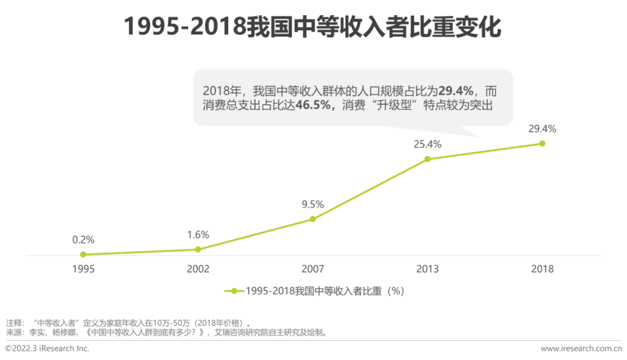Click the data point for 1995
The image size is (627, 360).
tap(83, 254)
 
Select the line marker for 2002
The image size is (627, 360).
tap(198, 249)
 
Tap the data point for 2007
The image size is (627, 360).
tap(312, 219)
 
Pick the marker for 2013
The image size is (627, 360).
tap(427, 159)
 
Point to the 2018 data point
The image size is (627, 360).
tap(542, 143)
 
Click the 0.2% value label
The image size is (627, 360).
tap(83, 239)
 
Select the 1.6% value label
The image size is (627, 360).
tap(198, 235)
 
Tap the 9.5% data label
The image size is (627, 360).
tap(312, 204)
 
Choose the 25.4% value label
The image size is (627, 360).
tap(427, 144)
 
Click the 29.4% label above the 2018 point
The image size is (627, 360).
tap(542, 128)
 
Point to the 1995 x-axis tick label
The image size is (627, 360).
tap(83, 269)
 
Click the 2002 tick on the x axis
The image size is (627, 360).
tap(198, 269)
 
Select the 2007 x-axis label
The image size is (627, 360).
tap(312, 269)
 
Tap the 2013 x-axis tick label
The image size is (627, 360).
tap(427, 269)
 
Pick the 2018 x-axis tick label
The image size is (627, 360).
tap(542, 269)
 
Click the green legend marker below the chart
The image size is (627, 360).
tap(234, 291)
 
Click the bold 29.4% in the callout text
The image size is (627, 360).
tap(456, 91)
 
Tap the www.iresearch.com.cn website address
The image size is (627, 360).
tap(581, 348)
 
